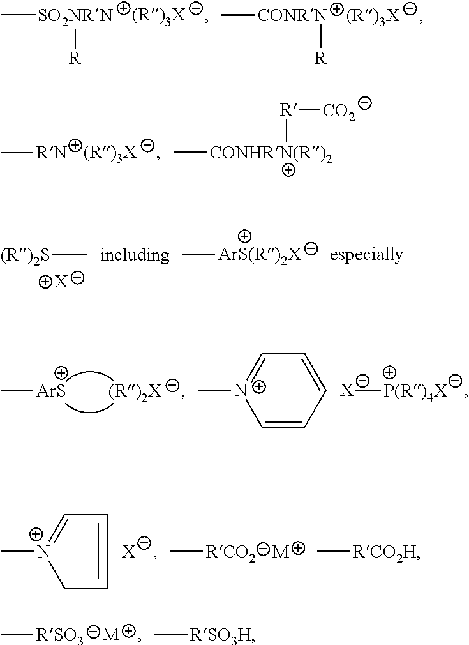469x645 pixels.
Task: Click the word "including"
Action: (135, 255)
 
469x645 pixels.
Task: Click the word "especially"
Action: (366, 255)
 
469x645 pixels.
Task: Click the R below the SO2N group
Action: (75, 58)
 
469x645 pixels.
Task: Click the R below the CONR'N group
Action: (320, 58)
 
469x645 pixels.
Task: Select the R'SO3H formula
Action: (222, 635)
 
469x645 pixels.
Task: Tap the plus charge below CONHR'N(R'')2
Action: (288, 171)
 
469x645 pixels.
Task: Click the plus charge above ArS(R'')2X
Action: (244, 236)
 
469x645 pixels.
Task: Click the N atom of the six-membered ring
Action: (241, 390)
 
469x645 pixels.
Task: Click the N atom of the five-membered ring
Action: (43, 552)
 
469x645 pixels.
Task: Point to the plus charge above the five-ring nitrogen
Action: (36, 534)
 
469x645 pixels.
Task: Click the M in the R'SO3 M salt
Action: (110, 634)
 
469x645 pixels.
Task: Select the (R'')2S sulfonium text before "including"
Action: (25, 255)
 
